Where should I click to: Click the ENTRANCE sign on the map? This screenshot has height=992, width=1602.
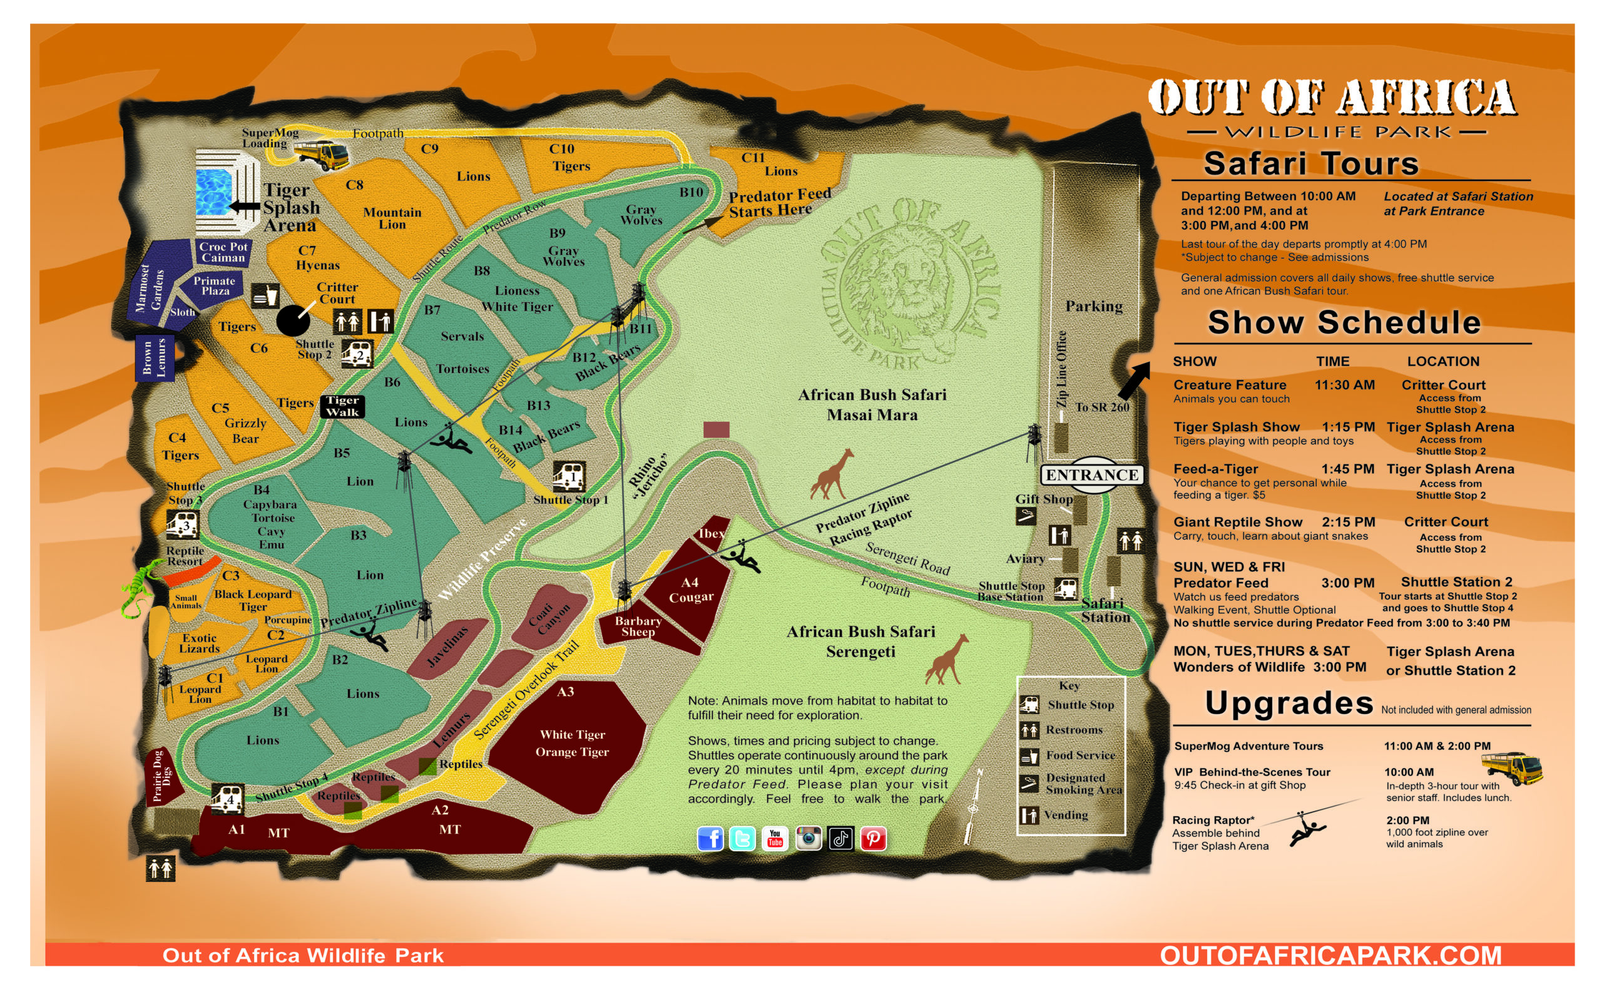tap(1091, 474)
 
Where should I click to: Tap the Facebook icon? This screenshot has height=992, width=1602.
tap(710, 839)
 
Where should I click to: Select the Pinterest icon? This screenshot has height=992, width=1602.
tap(873, 839)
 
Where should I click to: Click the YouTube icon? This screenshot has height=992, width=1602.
tap(775, 839)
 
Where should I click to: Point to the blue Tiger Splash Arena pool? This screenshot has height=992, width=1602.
tap(214, 192)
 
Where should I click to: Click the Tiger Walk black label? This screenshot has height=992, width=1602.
tap(342, 406)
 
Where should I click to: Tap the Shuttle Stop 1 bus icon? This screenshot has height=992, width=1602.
tap(569, 476)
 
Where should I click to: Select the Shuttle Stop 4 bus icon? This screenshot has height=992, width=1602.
tap(227, 799)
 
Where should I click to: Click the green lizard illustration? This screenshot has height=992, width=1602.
tap(140, 587)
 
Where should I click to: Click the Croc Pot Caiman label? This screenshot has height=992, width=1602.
tap(223, 252)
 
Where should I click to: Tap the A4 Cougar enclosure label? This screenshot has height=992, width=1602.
tap(690, 589)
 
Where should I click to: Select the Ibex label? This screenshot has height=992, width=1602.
tap(711, 533)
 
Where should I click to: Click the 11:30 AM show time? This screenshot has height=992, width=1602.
tap(1344, 385)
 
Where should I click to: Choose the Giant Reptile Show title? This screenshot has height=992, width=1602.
tap(1237, 522)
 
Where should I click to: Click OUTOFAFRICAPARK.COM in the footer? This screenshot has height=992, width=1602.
tap(1330, 954)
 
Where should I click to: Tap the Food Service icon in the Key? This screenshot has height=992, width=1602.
tap(1029, 757)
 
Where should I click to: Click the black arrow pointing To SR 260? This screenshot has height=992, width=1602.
tap(1135, 381)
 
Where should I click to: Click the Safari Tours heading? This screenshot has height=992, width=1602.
tap(1311, 163)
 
